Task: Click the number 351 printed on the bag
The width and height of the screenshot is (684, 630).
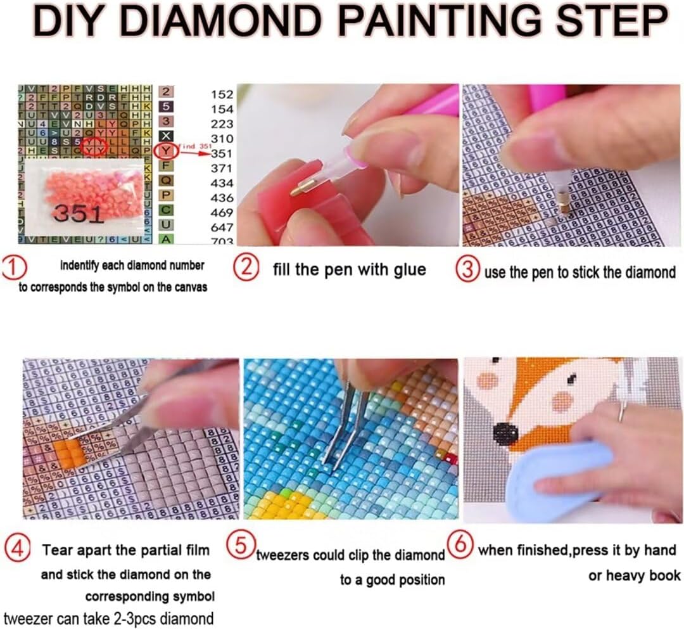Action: point(79,214)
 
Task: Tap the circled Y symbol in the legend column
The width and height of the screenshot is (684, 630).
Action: point(165,152)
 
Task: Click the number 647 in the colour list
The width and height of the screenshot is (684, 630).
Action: point(222,226)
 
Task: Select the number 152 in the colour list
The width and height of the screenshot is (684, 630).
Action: point(222,94)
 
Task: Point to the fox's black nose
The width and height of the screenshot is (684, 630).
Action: point(505,434)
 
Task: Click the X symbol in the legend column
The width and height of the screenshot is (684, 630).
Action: point(165,136)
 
